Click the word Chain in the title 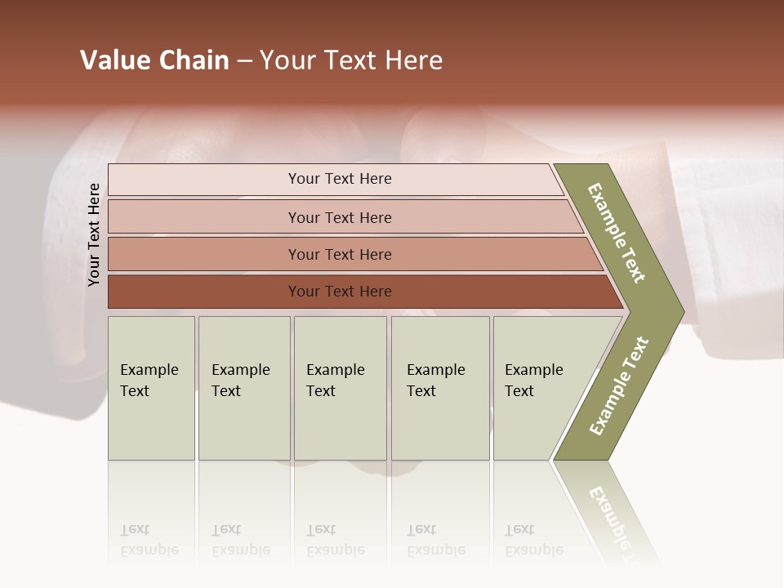(194, 60)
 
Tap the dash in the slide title (244, 61)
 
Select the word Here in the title (413, 60)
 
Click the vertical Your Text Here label (94, 234)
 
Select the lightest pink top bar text (340, 179)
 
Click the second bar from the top (340, 217)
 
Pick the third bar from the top (340, 254)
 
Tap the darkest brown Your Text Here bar (340, 292)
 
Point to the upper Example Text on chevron (617, 233)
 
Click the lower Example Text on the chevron (619, 385)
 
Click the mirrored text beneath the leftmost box (149, 540)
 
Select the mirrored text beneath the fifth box (533, 540)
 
